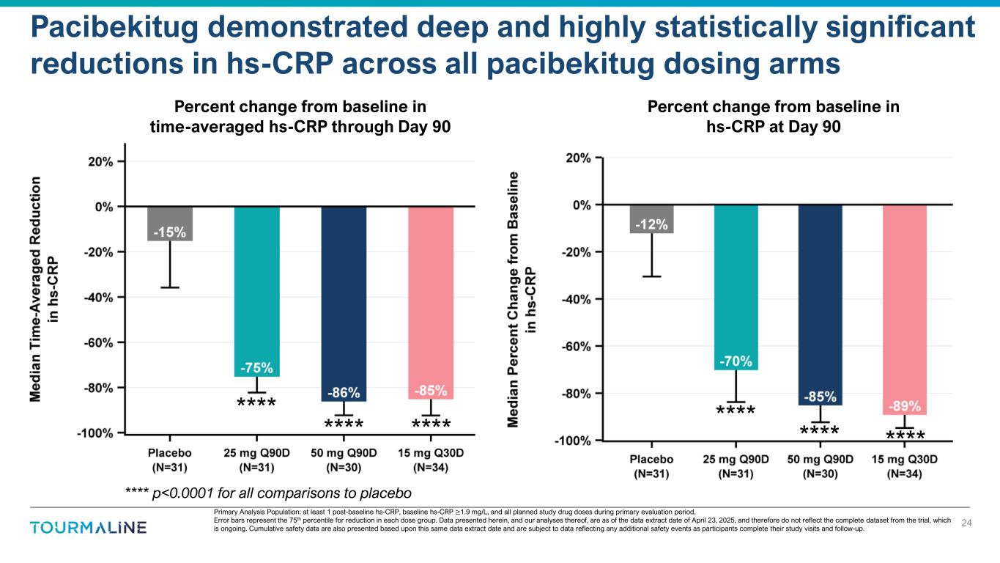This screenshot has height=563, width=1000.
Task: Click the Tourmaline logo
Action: (88, 527)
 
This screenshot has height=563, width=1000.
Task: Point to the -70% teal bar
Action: (736, 287)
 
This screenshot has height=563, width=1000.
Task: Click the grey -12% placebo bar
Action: (651, 219)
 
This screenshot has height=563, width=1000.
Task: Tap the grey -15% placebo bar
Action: (169, 224)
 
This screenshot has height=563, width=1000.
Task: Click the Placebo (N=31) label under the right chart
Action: (651, 466)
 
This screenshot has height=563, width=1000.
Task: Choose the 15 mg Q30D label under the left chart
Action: (431, 459)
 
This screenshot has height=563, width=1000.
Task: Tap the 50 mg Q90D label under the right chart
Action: (820, 466)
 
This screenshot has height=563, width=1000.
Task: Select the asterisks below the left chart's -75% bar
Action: (256, 402)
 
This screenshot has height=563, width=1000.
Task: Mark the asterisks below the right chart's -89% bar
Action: (905, 437)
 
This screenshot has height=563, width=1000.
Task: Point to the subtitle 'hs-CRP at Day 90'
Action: (773, 126)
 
